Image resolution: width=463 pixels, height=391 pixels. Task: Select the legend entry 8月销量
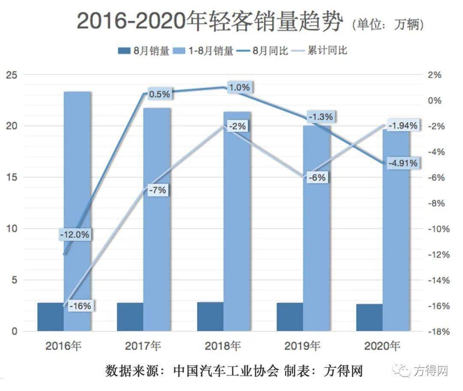pyautogui.click(x=144, y=51)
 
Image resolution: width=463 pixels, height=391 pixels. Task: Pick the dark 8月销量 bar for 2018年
pyautogui.click(x=210, y=316)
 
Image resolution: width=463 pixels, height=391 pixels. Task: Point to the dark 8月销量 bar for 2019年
pyautogui.click(x=290, y=317)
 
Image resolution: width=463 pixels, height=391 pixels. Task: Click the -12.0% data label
pyautogui.click(x=75, y=235)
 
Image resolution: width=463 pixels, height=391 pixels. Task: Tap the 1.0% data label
pyautogui.click(x=239, y=87)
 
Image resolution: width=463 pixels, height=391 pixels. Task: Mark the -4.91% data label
pyautogui.click(x=403, y=163)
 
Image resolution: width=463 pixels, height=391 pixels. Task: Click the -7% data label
pyautogui.click(x=157, y=190)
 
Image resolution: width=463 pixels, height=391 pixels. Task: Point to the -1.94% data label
pyautogui.click(x=403, y=126)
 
